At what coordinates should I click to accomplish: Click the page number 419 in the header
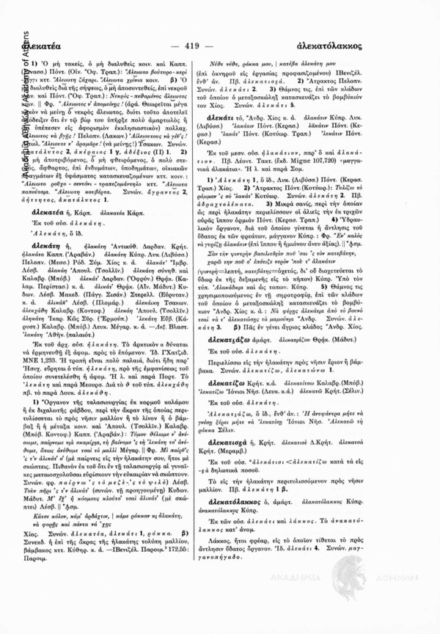[x=220, y=44]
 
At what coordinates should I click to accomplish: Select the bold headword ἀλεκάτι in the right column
[x=252, y=138]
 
